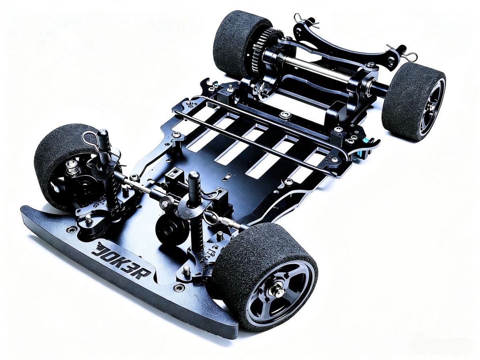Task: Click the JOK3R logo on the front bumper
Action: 121,262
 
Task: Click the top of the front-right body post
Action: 194,176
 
